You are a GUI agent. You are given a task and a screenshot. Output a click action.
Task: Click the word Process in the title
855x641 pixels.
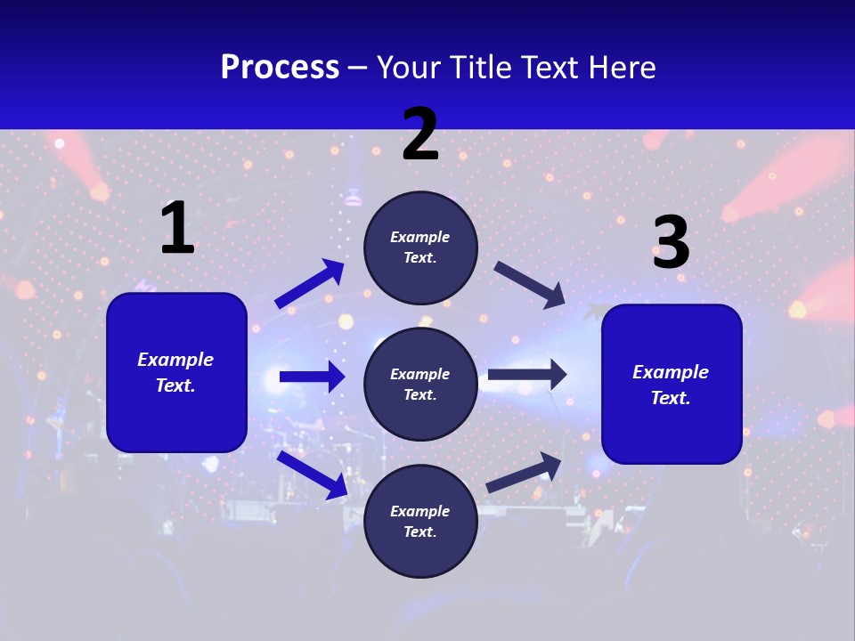tap(280, 68)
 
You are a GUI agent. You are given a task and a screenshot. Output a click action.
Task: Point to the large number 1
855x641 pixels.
tap(176, 229)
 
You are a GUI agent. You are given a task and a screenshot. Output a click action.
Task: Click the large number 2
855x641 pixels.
tap(420, 134)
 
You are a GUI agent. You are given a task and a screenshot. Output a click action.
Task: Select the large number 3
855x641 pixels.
tap(671, 242)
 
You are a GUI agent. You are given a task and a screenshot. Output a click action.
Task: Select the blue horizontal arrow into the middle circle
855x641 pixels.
tap(312, 377)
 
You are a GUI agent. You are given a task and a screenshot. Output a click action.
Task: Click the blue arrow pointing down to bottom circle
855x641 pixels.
tap(312, 474)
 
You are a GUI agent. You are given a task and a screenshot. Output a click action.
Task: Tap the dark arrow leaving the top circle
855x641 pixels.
tap(530, 284)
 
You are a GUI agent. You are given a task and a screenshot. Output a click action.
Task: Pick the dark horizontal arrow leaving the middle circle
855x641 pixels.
tap(527, 375)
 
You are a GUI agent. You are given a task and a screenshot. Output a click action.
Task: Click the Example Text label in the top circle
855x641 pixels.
tap(420, 247)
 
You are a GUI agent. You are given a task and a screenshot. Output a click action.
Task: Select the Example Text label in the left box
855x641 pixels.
tap(175, 372)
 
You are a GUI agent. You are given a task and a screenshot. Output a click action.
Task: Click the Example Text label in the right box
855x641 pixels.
tap(671, 385)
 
